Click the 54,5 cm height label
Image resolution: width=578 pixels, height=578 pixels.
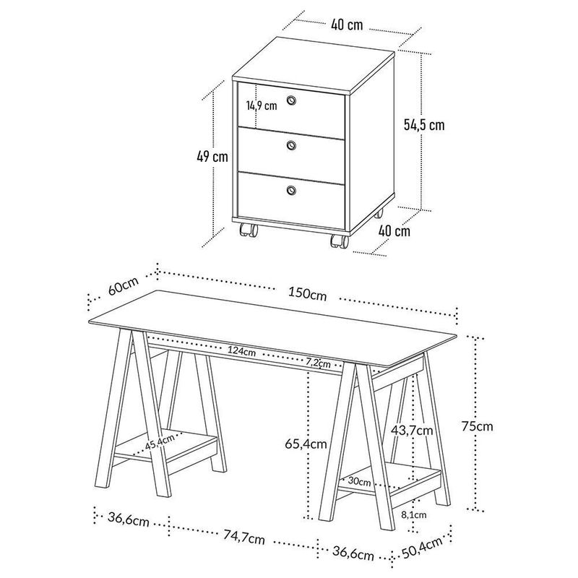pos(424,124)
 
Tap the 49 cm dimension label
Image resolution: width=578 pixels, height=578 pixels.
pos(215,157)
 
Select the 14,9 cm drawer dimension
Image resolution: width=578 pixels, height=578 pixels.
pos(261,105)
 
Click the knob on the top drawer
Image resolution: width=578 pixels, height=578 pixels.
pos(291,100)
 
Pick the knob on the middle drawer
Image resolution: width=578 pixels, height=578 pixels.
pos(291,146)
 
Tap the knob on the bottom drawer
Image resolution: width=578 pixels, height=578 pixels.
pos(291,190)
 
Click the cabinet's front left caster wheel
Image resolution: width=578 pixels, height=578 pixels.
pos(248,232)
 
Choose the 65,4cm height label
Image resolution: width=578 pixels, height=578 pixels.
pos(304,443)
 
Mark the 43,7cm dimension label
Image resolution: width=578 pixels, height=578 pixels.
pos(413,430)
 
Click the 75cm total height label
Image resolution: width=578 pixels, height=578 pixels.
pos(478,426)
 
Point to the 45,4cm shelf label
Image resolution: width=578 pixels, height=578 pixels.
pos(160,443)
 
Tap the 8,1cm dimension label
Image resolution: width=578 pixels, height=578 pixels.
pos(413,515)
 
